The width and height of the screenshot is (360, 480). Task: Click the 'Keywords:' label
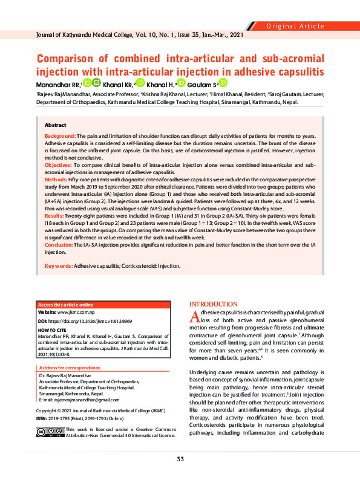pyautogui.click(x=59, y=266)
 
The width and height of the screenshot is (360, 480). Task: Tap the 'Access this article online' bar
pyautogui.click(x=66, y=304)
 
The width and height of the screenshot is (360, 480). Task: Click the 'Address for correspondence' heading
pyautogui.click(x=70, y=368)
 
